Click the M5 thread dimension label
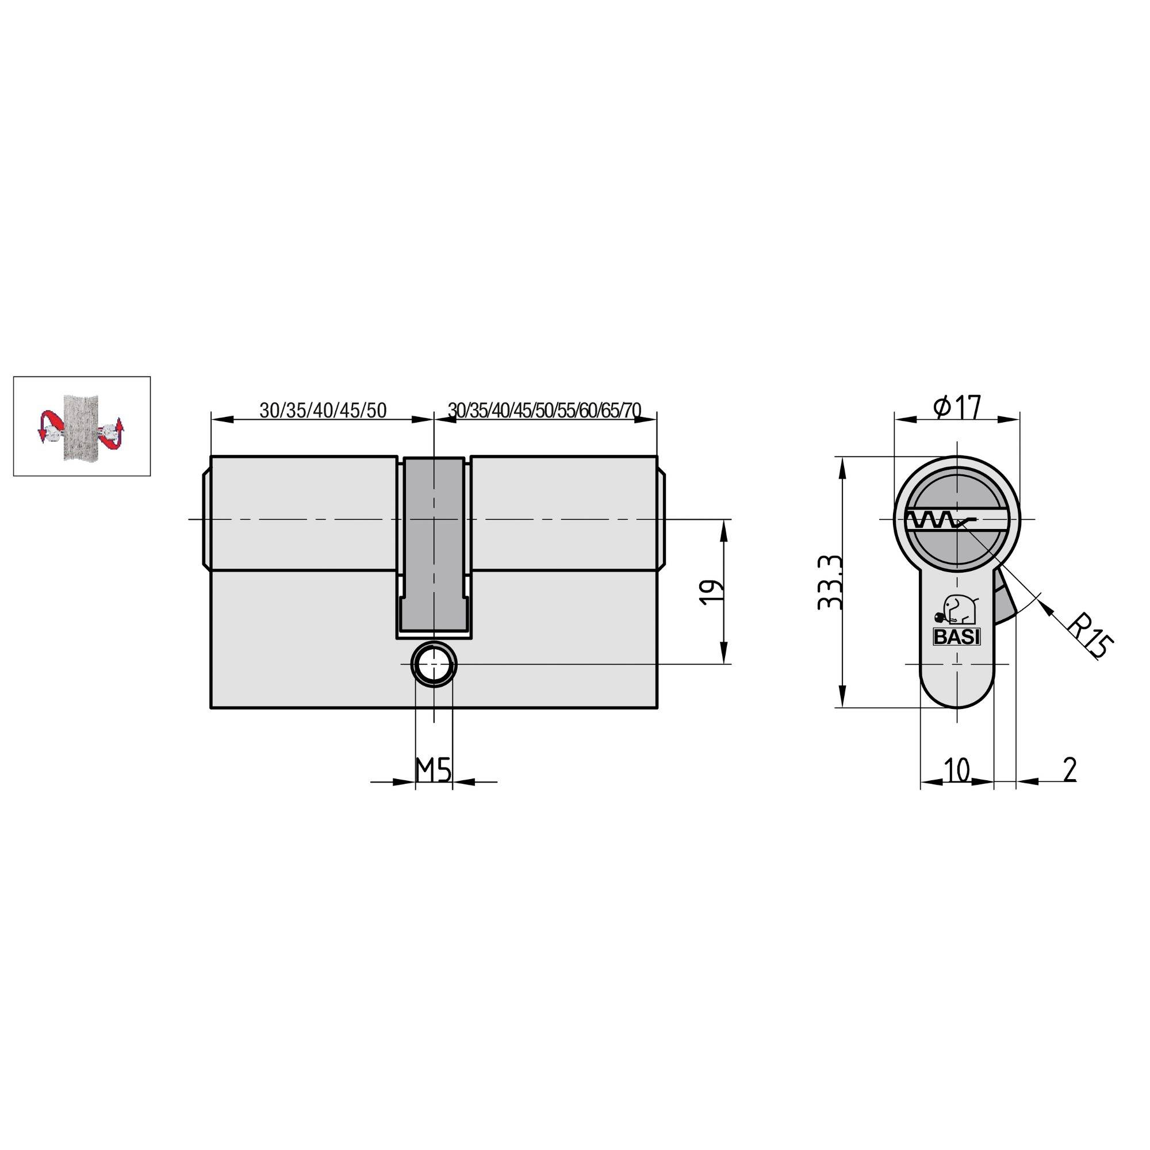[x=433, y=770]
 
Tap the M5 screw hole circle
[x=434, y=664]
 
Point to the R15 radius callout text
[x=1088, y=638]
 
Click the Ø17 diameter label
[x=957, y=408]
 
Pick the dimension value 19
[x=712, y=592]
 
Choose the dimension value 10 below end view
[x=957, y=770]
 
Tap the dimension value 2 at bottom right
[x=1069, y=770]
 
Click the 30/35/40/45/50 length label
[x=323, y=410]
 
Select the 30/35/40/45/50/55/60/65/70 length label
[x=544, y=410]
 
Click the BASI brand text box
[x=956, y=637]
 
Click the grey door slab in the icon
[x=79, y=426]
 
